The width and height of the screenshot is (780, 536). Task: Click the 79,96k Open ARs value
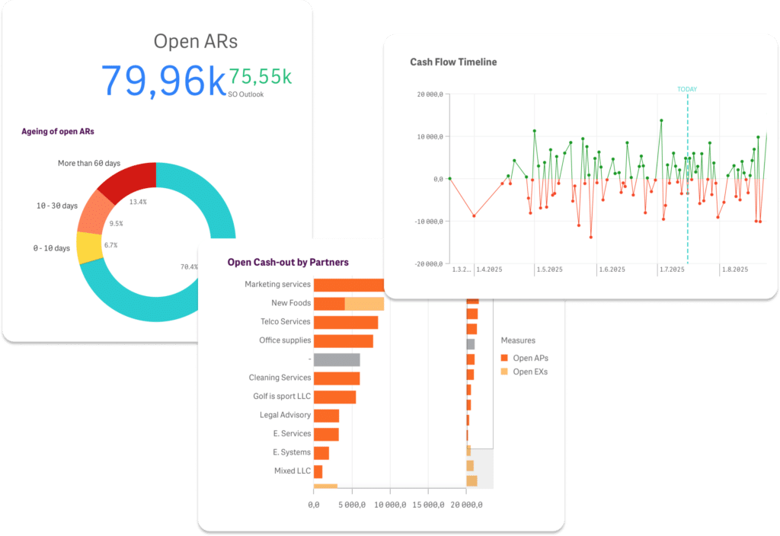pos(163,80)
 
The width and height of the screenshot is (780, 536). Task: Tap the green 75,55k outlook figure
pos(261,77)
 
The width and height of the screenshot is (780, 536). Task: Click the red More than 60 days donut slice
pos(128,180)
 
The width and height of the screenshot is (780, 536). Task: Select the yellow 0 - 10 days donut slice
pos(89,247)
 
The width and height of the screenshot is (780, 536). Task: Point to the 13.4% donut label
pos(138,202)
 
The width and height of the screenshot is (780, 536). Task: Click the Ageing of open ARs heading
pos(58,131)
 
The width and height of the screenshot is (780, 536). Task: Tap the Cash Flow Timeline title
pos(453,62)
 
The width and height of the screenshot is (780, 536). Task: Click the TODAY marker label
pos(687,89)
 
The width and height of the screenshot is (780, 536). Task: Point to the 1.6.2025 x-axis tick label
pos(612,270)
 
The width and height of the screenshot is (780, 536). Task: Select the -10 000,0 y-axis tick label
pos(429,222)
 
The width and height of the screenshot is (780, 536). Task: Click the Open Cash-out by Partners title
pos(288,262)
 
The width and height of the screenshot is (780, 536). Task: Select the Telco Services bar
pos(346,322)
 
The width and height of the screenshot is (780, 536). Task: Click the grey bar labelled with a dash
pos(337,359)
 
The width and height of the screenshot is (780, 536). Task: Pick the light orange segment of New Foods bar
pos(365,304)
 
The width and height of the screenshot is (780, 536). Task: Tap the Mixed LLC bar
pos(318,471)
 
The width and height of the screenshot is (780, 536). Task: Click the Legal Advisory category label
pos(285,415)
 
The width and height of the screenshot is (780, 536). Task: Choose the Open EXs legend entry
pos(524,372)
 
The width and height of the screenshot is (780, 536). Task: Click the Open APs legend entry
pos(524,358)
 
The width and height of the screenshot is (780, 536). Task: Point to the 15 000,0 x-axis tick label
pos(428,505)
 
